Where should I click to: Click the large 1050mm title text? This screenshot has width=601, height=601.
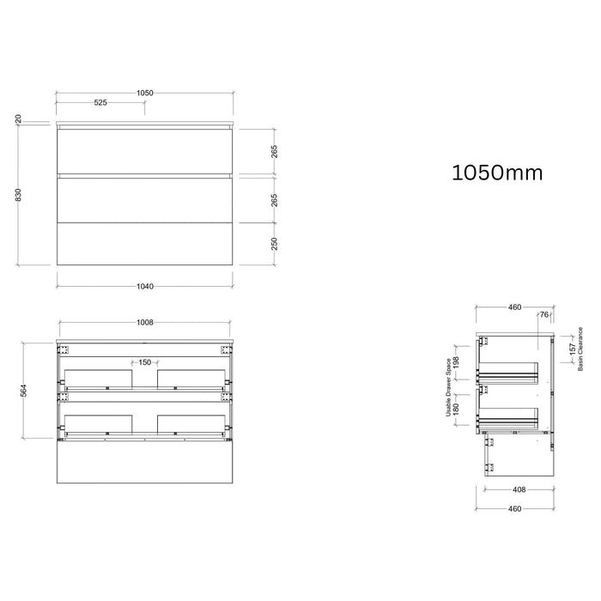497,173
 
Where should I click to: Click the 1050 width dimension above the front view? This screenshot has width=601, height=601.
145,93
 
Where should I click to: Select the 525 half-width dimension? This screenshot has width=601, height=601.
100,103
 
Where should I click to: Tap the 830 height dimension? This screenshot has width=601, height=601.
18,195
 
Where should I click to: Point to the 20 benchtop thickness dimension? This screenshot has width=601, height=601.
18,119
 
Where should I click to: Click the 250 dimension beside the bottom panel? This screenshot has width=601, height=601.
275,244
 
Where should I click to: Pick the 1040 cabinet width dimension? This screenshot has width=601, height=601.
145,286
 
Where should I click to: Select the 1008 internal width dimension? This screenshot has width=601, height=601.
145,322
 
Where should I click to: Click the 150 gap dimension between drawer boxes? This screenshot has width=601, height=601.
145,362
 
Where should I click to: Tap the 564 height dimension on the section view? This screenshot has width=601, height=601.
24,390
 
